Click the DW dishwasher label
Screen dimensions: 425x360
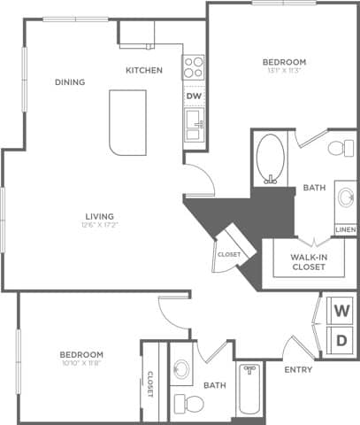193,95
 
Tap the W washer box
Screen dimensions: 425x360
341,312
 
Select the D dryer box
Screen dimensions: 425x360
341,341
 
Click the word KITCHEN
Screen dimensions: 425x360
143,70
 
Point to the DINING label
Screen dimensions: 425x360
70,82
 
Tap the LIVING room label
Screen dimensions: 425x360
98,216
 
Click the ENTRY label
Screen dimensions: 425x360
298,370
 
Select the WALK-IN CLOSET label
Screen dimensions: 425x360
298,263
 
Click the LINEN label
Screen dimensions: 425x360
346,230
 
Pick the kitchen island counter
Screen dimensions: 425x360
126,121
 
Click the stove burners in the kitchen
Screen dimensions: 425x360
193,67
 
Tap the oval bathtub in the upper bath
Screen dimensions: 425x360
269,158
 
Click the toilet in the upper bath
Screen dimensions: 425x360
338,147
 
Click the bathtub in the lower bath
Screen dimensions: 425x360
249,390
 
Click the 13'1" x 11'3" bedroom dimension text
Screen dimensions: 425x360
284,73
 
